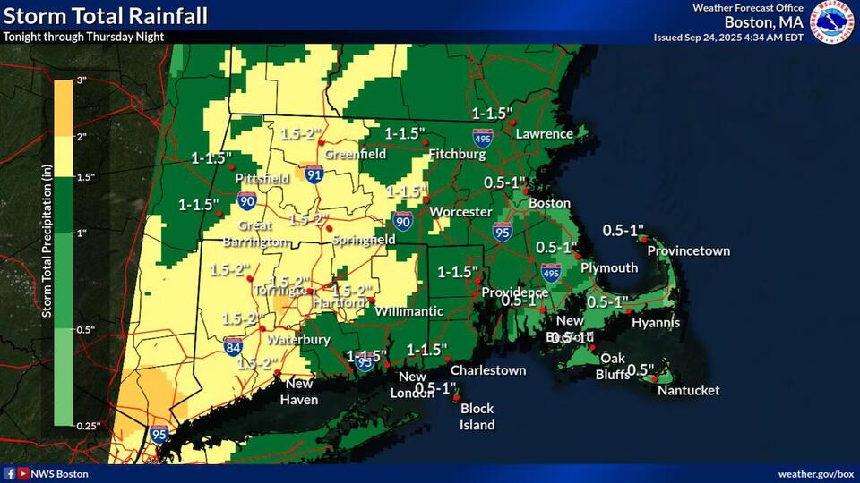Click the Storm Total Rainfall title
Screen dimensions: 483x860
(106, 15)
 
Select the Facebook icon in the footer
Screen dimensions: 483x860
(10, 473)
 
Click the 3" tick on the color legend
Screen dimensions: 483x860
(80, 80)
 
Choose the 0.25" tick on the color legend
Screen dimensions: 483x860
(85, 425)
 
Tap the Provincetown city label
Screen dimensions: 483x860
(688, 250)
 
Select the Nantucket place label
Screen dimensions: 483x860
(688, 390)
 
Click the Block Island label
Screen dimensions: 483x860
(477, 416)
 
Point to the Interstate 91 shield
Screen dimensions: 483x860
(314, 176)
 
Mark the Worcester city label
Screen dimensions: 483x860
(460, 212)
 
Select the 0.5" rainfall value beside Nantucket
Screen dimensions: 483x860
(641, 369)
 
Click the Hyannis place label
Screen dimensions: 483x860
(655, 322)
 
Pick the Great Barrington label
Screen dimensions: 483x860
(262, 234)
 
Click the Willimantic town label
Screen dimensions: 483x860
(408, 310)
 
